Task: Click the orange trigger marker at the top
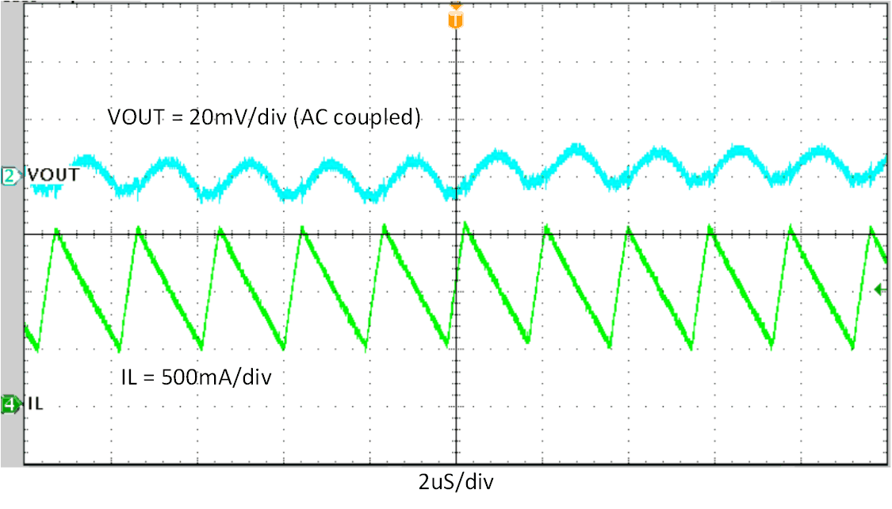(x=455, y=17)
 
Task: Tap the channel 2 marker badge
(x=10, y=176)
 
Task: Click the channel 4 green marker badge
(x=10, y=405)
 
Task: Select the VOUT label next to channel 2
(x=53, y=174)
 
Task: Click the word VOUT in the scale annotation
(x=136, y=117)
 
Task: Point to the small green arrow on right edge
(x=879, y=290)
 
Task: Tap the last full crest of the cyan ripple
(x=822, y=154)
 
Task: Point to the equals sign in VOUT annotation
(x=176, y=117)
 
